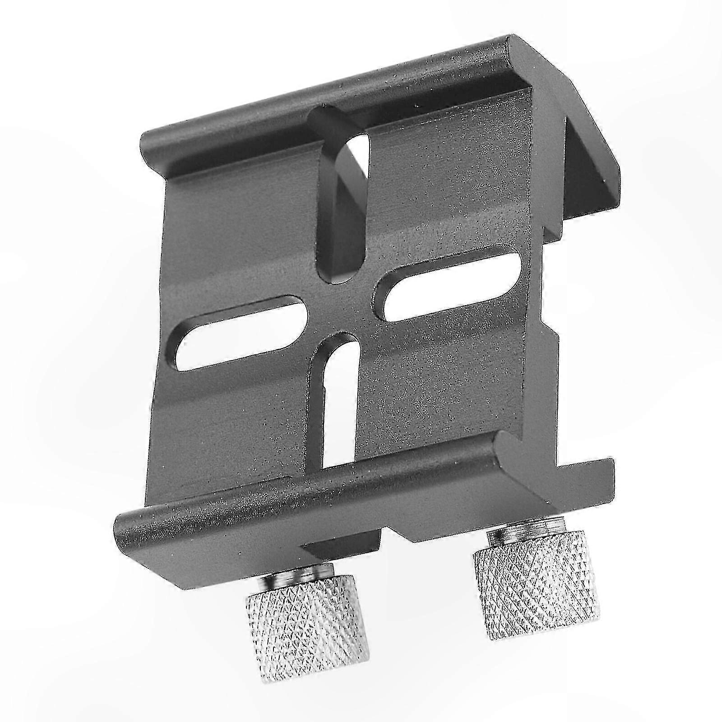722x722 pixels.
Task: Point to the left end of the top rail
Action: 151,144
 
